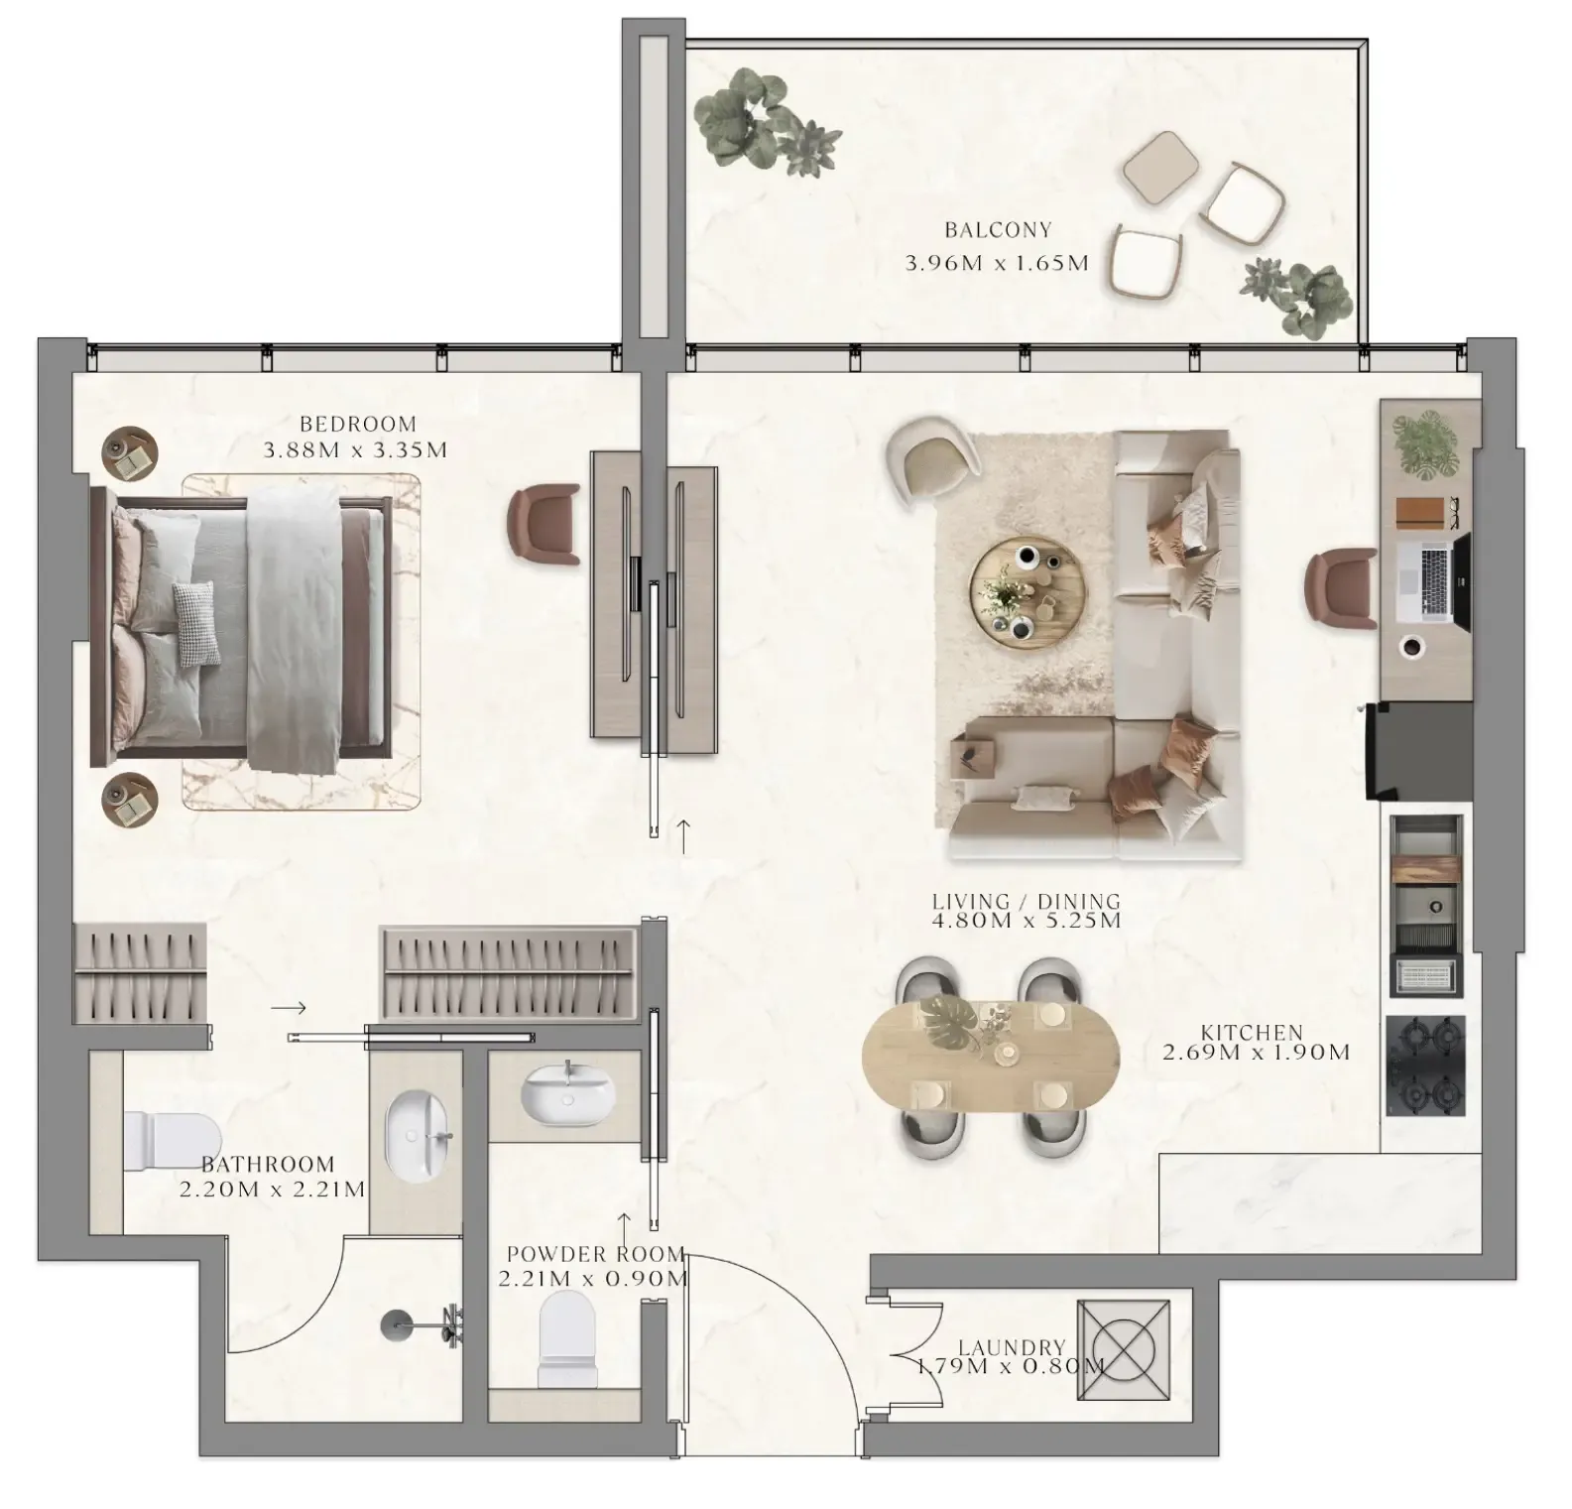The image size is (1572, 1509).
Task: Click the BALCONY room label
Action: [x=997, y=230]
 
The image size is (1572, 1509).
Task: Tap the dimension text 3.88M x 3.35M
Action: [x=355, y=450]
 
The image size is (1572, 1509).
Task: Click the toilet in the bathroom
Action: [x=171, y=1141]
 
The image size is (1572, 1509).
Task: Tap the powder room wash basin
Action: [x=567, y=1095]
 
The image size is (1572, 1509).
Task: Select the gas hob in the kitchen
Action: [x=1425, y=1067]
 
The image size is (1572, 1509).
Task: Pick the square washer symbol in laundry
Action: [x=1123, y=1350]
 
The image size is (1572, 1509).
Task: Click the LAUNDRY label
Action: [x=1012, y=1347]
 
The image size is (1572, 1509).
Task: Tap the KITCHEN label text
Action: [x=1252, y=1033]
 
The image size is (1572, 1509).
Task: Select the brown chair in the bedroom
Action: [x=544, y=526]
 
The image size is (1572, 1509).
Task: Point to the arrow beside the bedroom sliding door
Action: [x=683, y=836]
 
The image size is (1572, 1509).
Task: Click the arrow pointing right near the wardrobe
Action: [x=289, y=1008]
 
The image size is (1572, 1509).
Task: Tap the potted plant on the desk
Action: [x=1424, y=445]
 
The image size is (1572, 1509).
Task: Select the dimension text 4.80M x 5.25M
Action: [x=1026, y=921]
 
